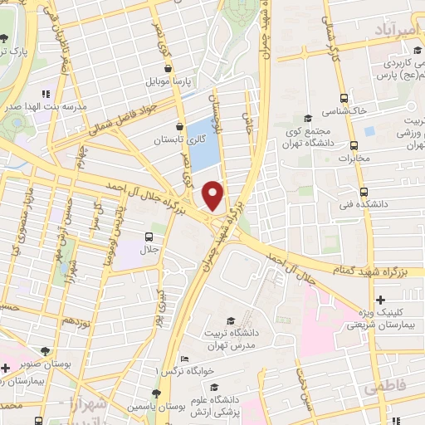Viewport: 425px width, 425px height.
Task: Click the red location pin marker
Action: [x=213, y=195]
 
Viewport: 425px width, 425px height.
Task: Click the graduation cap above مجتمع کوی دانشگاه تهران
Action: [x=308, y=118]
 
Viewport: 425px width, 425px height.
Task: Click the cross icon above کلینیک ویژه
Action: [x=380, y=300]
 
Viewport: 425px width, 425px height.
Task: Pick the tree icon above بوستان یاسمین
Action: [x=156, y=393]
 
